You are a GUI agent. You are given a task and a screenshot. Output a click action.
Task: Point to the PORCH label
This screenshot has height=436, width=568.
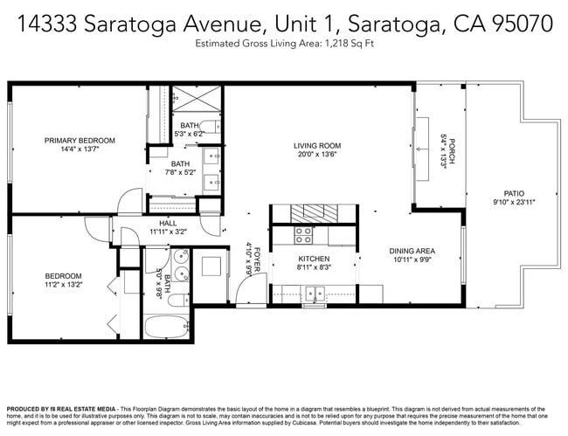point(452,145)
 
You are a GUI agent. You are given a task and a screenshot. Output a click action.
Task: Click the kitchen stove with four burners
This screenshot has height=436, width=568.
point(303,235)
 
